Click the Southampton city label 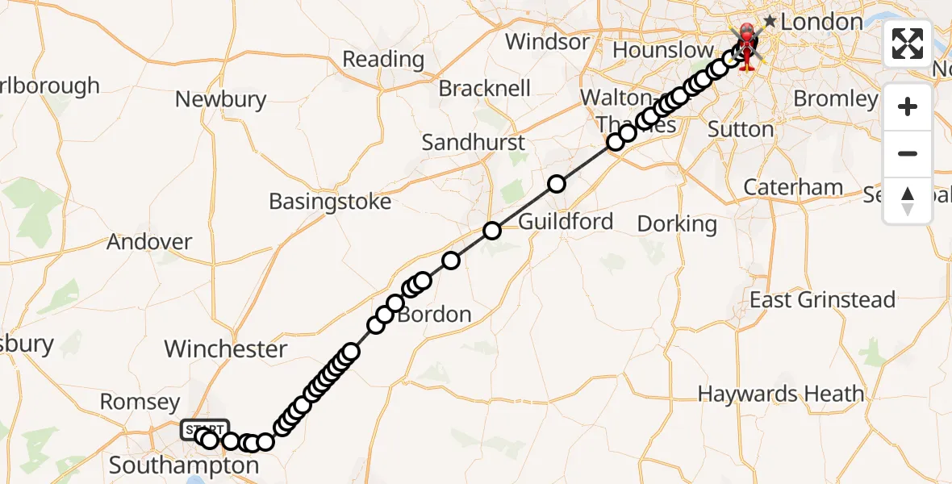(183, 465)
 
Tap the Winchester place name (226, 349)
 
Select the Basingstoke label (330, 201)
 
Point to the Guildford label (566, 221)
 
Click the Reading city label (383, 59)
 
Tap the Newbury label (221, 99)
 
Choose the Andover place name (149, 242)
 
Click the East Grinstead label (822, 300)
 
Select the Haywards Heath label (780, 394)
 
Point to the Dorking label (677, 223)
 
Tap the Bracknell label (485, 88)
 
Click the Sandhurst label (474, 143)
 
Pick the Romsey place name (140, 402)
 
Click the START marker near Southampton (206, 430)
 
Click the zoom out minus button (908, 153)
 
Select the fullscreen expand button (908, 44)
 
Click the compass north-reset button (908, 201)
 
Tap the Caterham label (793, 187)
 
